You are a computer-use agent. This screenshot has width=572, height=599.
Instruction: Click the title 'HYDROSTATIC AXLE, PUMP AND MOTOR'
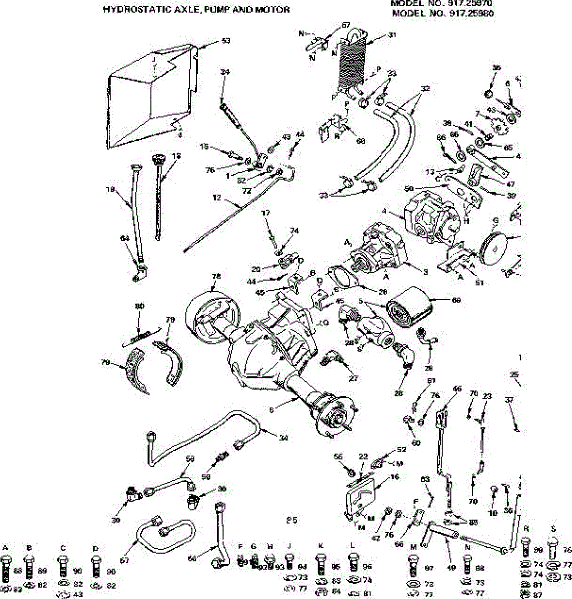click(196, 9)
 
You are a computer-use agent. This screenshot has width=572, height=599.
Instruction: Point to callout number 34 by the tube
click(283, 438)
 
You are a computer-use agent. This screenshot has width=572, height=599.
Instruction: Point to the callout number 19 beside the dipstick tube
click(111, 190)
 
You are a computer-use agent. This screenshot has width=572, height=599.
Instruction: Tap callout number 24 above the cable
click(225, 72)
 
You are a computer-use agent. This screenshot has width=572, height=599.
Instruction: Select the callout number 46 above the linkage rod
click(457, 389)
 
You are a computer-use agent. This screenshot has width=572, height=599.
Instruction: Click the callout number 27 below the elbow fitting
click(353, 378)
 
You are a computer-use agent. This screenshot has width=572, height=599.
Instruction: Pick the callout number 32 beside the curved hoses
click(425, 89)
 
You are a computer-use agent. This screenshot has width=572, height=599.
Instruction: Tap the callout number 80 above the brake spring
click(140, 321)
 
